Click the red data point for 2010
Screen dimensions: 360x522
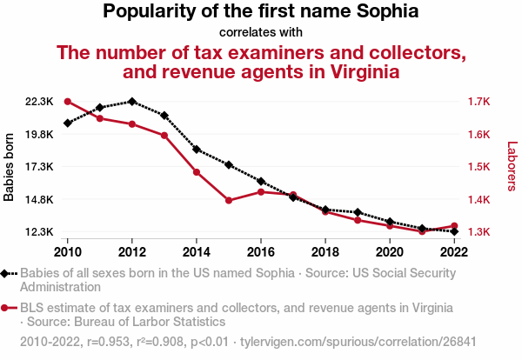pyautogui.click(x=68, y=102)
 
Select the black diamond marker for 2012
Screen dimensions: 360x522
pyautogui.click(x=132, y=102)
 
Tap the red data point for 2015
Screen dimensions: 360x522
pyautogui.click(x=229, y=201)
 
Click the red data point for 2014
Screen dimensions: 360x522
pyautogui.click(x=197, y=172)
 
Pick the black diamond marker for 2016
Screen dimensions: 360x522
pyautogui.click(x=261, y=181)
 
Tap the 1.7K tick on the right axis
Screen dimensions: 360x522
pyautogui.click(x=478, y=102)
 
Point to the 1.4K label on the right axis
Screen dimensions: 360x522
pyautogui.click(x=478, y=200)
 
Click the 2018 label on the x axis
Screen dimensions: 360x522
pyautogui.click(x=325, y=251)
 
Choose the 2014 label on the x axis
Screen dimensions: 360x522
pyautogui.click(x=197, y=251)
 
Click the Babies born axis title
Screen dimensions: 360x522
pyautogui.click(x=10, y=167)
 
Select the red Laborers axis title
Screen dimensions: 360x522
pyautogui.click(x=512, y=167)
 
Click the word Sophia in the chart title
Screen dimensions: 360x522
pyautogui.click(x=386, y=12)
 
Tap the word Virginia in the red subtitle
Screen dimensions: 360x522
pyautogui.click(x=355, y=72)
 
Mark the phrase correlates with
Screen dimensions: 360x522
pyautogui.click(x=261, y=32)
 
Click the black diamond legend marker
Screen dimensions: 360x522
pyautogui.click(x=7, y=273)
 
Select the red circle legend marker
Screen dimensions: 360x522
pyautogui.click(x=7, y=308)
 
